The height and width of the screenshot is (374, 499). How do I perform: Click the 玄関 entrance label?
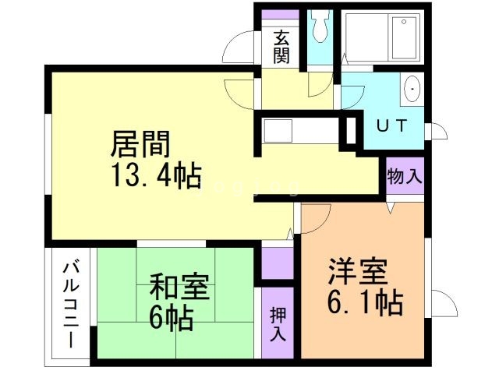coord(281,47)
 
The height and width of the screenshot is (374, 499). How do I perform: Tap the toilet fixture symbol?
coord(319,28)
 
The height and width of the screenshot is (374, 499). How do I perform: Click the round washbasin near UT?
coord(412,89)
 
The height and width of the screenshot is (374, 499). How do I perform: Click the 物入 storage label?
coord(404,175)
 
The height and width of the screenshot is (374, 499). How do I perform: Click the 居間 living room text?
coord(141,144)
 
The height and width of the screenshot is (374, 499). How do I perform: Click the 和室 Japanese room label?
coord(179,287)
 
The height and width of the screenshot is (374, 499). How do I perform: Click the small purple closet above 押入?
coord(277,262)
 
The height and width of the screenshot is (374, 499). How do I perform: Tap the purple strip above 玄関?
coord(281,14)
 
